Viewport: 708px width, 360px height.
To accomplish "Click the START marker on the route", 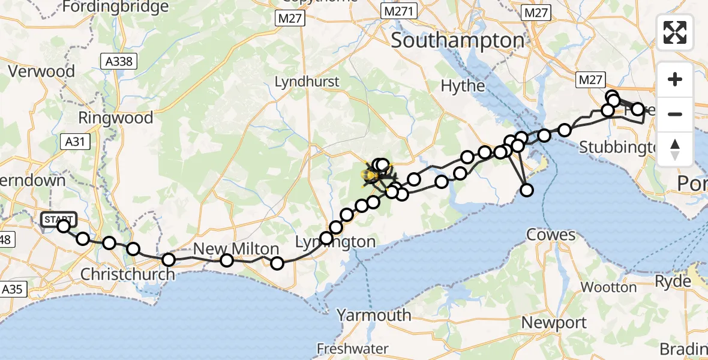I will [x=59, y=220].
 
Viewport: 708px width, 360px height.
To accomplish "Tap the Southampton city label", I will [x=458, y=41].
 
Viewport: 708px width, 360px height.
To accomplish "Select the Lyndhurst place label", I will [x=307, y=82].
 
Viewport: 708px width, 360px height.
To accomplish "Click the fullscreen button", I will [x=675, y=32].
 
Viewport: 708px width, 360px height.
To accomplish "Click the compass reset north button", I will [x=675, y=149].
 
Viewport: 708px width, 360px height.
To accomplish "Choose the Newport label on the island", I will [x=554, y=323].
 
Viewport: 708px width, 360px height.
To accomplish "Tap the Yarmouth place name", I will [x=374, y=315].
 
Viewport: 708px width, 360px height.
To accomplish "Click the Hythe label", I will [x=463, y=86].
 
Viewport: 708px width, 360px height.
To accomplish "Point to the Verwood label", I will [x=41, y=71].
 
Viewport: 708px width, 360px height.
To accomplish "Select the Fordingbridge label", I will [x=115, y=7].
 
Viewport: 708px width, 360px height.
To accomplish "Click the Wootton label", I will [x=608, y=287].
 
